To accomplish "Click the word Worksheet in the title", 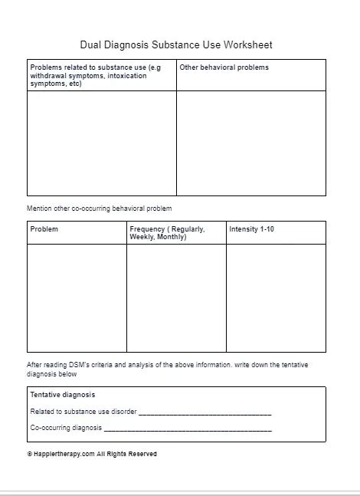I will coord(246,45).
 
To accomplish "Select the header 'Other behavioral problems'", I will coord(224,67).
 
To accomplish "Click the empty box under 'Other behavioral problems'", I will coord(251,143).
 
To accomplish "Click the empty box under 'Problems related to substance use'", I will coord(102,143).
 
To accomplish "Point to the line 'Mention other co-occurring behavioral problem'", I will coord(100,209).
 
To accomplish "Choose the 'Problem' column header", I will coord(44,229).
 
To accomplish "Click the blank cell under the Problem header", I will coord(77,297).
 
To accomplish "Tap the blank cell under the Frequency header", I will coord(176,297).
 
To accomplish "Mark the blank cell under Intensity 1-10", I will coord(276,297).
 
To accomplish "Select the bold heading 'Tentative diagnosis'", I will coord(63,395).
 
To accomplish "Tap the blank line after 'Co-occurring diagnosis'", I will coord(188,429).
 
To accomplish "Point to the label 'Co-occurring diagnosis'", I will coord(66,428).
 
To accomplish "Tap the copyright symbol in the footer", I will coord(29,454).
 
